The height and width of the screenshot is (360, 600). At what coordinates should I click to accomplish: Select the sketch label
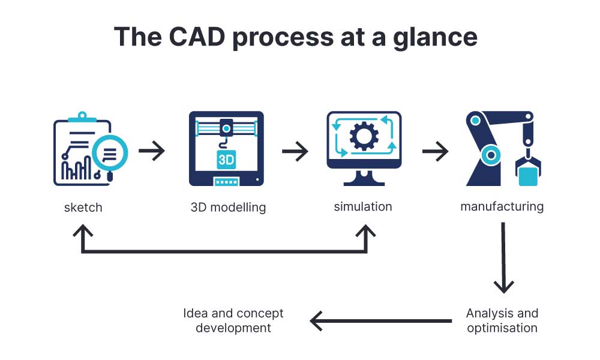click(83, 208)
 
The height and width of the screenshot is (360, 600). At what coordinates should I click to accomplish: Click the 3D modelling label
click(228, 208)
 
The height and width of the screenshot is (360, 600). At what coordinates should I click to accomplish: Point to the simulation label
click(362, 206)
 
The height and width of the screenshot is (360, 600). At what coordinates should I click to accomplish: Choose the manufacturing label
click(502, 206)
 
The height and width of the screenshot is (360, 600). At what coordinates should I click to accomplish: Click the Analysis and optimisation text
click(502, 320)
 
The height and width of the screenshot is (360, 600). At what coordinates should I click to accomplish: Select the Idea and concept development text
click(233, 320)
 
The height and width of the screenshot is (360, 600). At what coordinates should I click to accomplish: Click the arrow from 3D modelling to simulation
click(295, 151)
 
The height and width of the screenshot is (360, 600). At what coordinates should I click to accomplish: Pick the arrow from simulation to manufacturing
click(435, 151)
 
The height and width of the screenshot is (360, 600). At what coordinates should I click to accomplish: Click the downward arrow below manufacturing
click(503, 258)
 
